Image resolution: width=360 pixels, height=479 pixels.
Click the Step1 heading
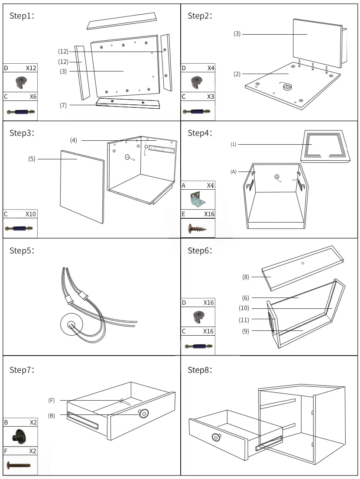[22, 16]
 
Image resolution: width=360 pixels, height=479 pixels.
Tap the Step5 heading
[22, 251]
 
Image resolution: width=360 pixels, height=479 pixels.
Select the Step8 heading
[200, 370]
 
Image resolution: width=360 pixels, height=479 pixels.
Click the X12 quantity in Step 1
[31, 68]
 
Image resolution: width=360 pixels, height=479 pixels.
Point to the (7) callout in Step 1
[63, 105]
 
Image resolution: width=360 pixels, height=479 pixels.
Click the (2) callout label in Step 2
[237, 74]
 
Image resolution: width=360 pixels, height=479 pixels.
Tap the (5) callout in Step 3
[32, 159]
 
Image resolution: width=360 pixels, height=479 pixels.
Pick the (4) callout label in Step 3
[74, 140]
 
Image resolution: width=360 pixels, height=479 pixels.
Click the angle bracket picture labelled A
[198, 200]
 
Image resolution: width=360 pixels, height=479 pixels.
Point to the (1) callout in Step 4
[234, 144]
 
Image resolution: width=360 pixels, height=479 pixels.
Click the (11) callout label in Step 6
[244, 320]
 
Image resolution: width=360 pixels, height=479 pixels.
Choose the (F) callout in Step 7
[52, 401]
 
